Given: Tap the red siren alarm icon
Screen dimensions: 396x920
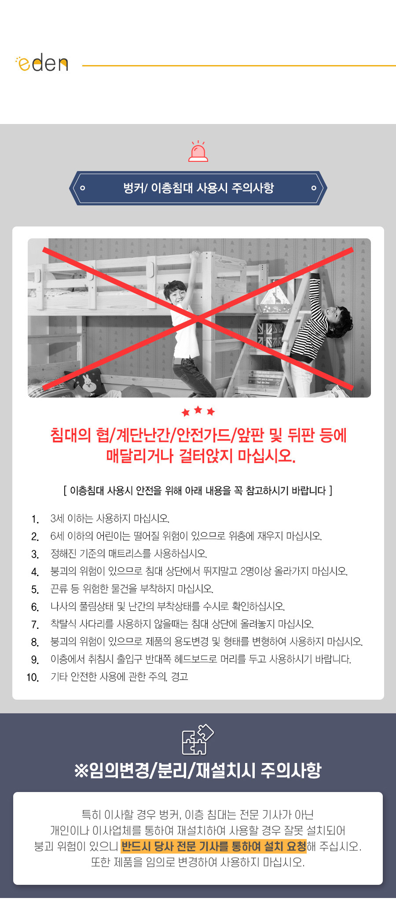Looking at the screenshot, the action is pos(198,151).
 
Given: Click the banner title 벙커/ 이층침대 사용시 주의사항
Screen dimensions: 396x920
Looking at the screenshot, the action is pos(198,188).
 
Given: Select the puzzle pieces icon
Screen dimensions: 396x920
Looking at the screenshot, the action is pos(198,739).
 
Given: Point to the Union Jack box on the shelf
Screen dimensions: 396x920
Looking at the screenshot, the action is pos(270,334).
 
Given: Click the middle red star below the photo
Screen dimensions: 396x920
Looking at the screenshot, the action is pos(198,410).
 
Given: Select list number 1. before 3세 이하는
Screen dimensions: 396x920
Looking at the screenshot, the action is pos(35,519).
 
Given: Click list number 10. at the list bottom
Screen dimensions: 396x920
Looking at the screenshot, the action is pos(33,677).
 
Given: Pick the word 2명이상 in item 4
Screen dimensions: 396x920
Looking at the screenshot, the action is pos(256,571).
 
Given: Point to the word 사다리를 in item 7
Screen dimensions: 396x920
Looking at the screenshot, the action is pos(97,624).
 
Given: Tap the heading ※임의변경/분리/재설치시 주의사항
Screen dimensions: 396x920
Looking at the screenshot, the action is pos(198,770).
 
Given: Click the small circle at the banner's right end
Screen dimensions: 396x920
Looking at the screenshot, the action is pos(314,188).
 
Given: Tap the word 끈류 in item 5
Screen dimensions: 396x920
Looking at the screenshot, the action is pos(60,589).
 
